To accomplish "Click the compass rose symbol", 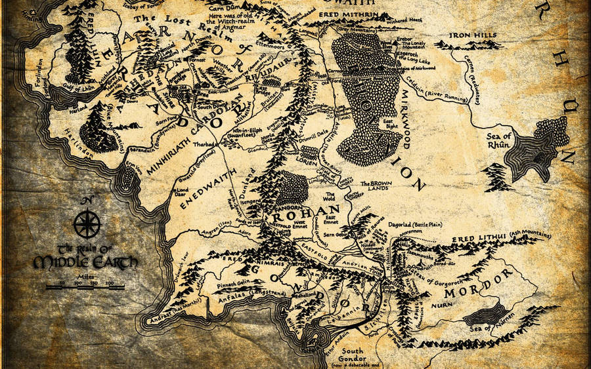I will (86, 224).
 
